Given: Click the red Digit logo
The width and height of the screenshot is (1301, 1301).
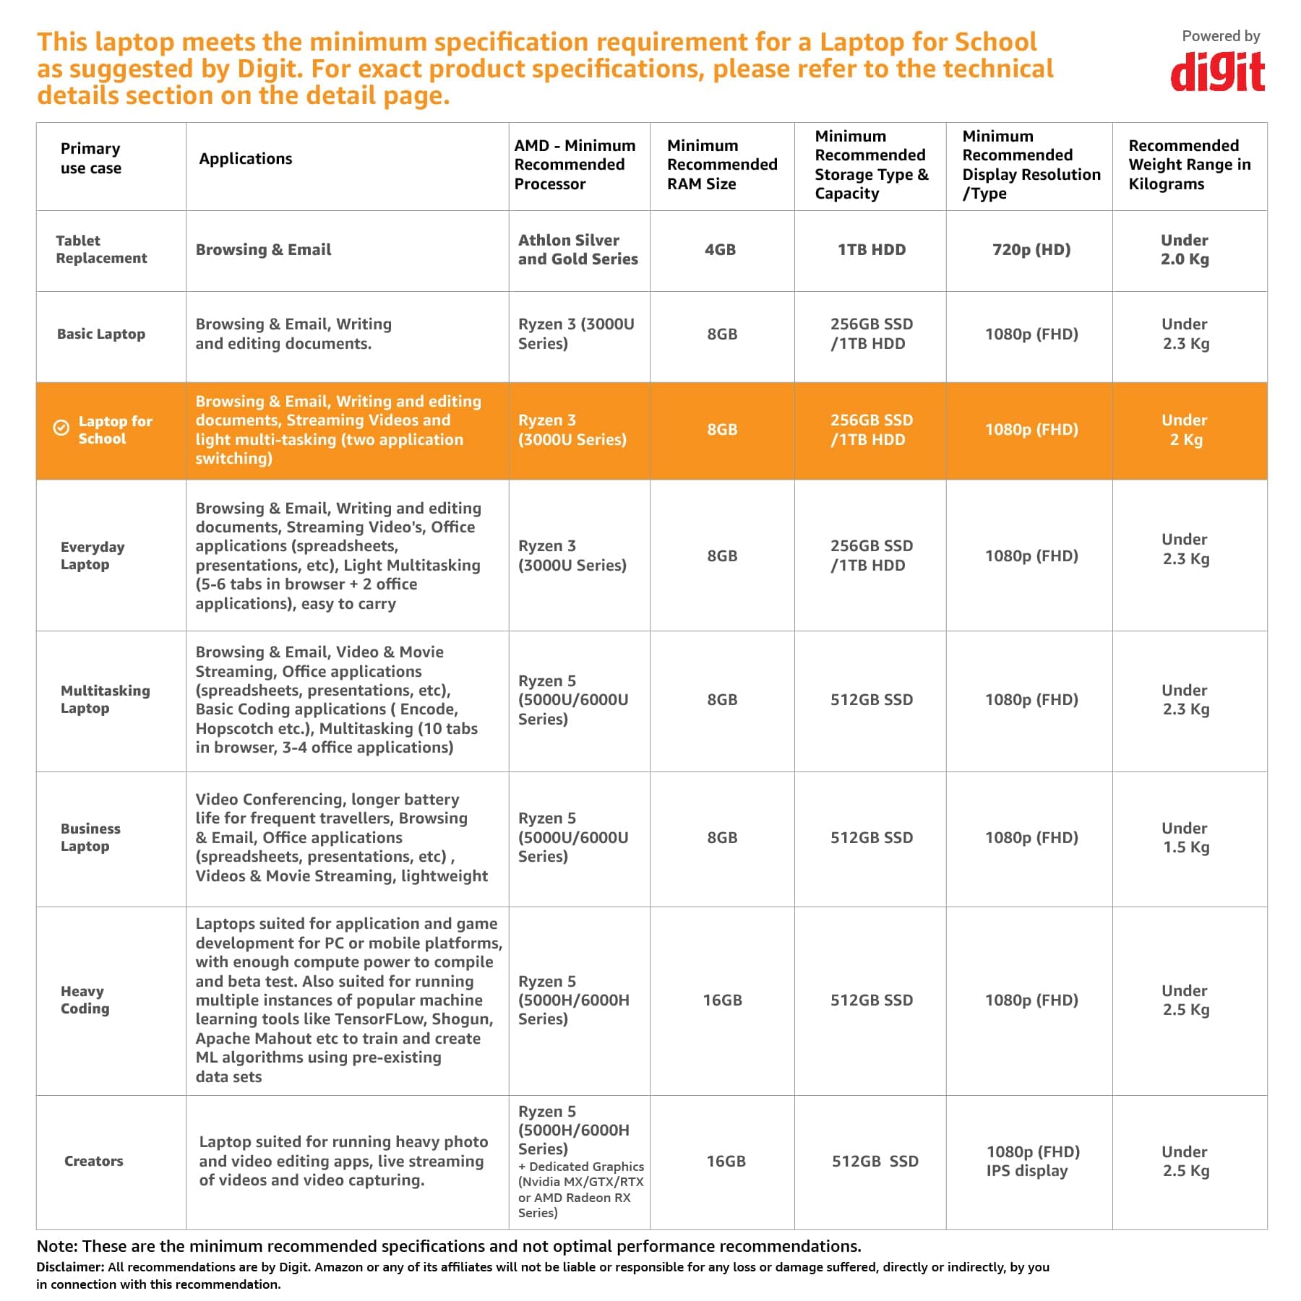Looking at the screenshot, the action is (x=1217, y=72).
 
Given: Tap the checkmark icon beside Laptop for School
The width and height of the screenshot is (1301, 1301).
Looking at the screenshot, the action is (x=61, y=428).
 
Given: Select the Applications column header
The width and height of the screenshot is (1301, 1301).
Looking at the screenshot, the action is (x=246, y=159).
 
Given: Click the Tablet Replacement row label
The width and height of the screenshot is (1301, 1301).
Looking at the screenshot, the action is (x=101, y=249).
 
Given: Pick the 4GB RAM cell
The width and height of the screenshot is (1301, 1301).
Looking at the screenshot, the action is (x=721, y=250).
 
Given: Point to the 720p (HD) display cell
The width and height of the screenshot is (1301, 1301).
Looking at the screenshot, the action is (x=1031, y=250).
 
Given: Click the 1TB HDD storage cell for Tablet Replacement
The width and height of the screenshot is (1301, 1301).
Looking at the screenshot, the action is (x=872, y=250).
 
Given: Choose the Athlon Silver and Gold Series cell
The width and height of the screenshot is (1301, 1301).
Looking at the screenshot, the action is (x=578, y=250).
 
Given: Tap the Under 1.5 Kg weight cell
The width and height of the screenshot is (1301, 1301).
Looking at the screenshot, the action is (x=1185, y=838).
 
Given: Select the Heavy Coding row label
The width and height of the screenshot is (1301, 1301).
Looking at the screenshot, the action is (x=85, y=1000).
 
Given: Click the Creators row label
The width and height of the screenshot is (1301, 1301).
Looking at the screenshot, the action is (x=94, y=1161).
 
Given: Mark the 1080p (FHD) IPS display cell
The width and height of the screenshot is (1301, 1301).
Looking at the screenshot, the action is (x=1033, y=1161).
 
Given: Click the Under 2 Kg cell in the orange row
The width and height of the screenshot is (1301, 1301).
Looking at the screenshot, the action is (x=1185, y=430).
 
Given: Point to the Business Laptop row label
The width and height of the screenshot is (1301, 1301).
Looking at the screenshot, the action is (x=90, y=837).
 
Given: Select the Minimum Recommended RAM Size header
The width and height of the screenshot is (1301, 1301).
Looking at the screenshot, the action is (x=722, y=165).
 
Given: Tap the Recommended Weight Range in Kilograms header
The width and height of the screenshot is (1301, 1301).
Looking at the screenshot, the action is (x=1190, y=165).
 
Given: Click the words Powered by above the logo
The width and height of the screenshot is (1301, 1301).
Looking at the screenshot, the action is (x=1221, y=36).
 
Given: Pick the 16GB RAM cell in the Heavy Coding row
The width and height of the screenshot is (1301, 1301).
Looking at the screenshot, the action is (x=722, y=1000).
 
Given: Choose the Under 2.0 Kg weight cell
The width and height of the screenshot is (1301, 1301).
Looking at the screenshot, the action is (x=1185, y=250).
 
